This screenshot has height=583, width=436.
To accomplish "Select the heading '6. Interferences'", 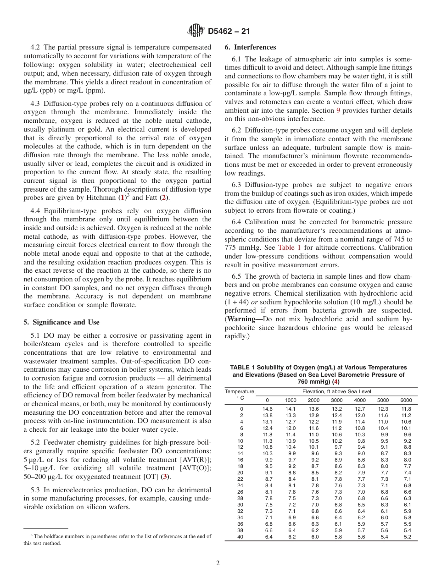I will coord(250,47).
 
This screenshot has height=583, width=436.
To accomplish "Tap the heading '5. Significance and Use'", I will coord(61,322).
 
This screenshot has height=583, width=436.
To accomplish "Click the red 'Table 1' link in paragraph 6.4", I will coord(290,247).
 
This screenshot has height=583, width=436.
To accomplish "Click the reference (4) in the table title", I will coord(336,381).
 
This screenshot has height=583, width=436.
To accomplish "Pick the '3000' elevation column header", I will coord(337,400).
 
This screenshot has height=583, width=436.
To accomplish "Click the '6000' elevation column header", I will coord(406,400).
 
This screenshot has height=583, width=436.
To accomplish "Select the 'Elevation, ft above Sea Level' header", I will coord(337,391).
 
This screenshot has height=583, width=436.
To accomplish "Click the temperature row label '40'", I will coord(241,537).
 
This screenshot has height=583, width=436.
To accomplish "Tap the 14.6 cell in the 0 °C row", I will coord(267,409).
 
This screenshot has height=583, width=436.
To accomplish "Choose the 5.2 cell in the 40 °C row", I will coord(407,537).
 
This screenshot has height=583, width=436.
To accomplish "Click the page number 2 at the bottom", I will coord(218,563).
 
